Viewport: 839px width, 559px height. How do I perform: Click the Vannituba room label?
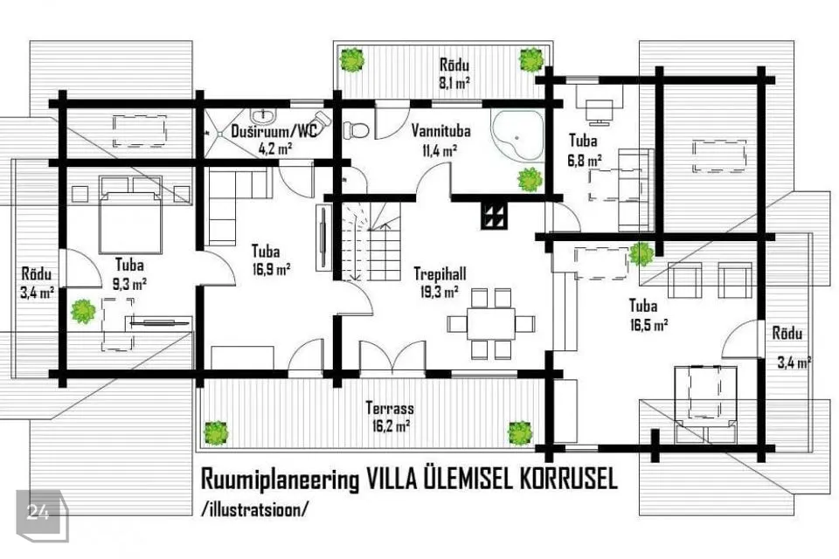[440, 131]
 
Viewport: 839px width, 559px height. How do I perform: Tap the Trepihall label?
[440, 274]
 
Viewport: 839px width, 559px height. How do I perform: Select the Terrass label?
[390, 408]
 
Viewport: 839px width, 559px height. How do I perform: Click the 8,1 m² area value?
[454, 82]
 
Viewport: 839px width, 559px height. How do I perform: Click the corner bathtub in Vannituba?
[517, 134]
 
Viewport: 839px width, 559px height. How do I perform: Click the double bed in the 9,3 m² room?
[130, 215]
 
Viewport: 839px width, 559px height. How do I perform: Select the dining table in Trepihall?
[490, 324]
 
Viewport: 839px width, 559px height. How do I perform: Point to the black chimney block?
[492, 216]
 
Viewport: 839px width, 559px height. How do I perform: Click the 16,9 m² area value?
[271, 268]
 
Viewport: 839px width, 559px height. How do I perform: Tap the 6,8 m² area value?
[585, 160]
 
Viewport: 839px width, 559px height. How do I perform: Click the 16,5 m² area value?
[648, 325]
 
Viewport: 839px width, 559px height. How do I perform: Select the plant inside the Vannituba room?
[530, 180]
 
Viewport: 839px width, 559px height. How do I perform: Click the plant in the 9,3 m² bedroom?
[83, 311]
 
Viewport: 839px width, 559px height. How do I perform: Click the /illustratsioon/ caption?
[254, 507]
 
